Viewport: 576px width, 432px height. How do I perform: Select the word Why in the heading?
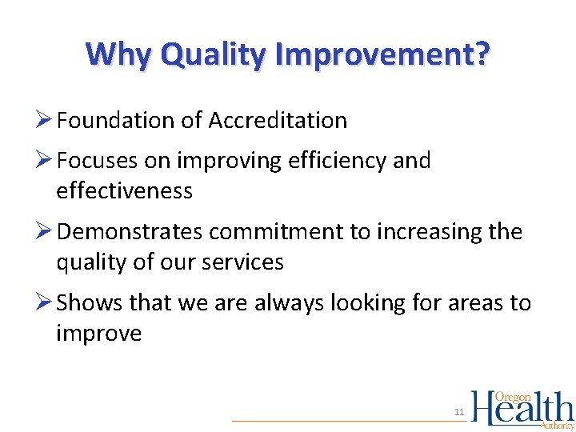coord(119,55)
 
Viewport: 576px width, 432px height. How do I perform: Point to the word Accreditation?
coord(278,121)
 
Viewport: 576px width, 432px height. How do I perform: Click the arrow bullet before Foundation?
coord(45,121)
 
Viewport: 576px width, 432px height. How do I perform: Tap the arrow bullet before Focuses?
coord(45,161)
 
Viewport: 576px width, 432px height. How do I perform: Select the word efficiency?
coord(330,161)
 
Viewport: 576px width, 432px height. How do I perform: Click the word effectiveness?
coord(124,191)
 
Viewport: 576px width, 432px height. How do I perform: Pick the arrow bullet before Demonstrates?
coord(45,232)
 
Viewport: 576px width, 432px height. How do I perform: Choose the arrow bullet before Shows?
coord(45,303)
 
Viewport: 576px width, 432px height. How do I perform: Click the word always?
coord(286,303)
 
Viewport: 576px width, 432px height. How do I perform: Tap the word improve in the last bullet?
coord(98,334)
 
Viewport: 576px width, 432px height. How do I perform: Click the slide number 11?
coord(459,412)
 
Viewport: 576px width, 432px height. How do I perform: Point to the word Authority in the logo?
coord(557,426)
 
